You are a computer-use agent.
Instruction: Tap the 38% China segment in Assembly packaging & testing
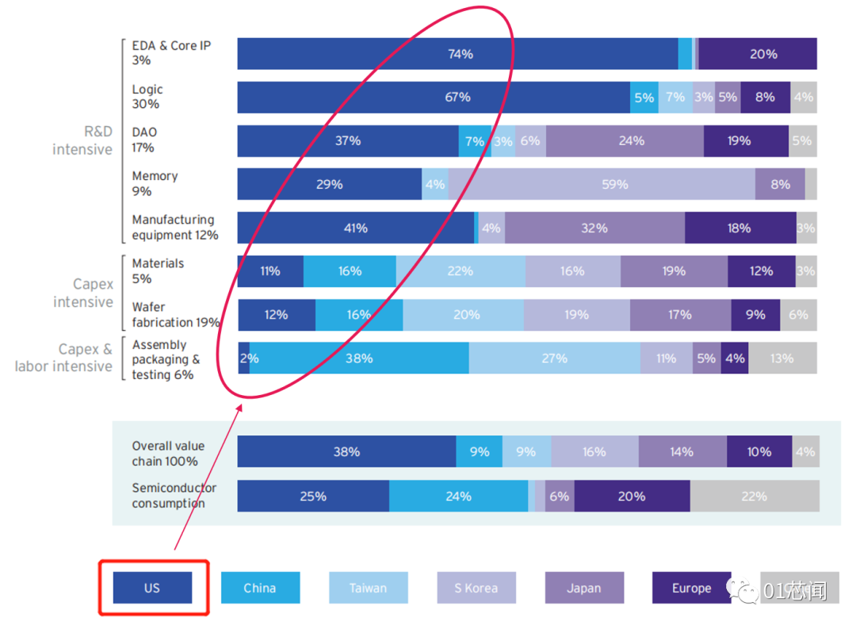tap(359, 359)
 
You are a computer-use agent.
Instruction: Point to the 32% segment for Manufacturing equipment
tap(594, 228)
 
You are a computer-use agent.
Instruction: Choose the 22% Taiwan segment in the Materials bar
tap(460, 271)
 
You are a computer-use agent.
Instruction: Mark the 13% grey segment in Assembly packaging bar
tap(782, 359)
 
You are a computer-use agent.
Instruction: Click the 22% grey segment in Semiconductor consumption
tap(754, 497)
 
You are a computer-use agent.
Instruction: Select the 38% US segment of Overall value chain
tap(346, 452)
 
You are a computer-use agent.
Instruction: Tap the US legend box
tap(152, 589)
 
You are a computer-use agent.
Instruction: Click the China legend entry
tap(260, 589)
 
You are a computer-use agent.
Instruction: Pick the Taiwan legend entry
tap(369, 589)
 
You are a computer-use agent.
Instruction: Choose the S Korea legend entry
tap(476, 589)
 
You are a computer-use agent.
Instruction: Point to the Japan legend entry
tap(584, 589)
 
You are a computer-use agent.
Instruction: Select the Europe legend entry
tap(691, 589)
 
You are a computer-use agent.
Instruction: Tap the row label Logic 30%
tap(147, 97)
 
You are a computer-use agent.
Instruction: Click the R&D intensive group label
tap(82, 140)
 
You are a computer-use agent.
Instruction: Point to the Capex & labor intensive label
tap(64, 358)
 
